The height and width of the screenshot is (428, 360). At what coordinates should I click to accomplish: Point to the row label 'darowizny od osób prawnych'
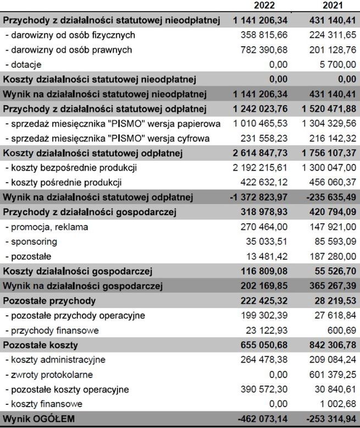click(69, 50)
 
